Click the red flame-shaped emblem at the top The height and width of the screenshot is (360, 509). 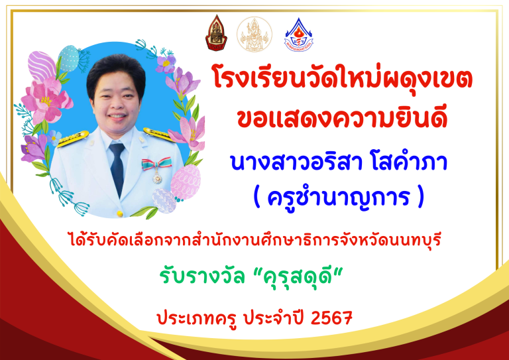click(216, 32)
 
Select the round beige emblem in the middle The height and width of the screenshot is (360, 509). click(254, 34)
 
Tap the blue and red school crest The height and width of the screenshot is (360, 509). click(298, 34)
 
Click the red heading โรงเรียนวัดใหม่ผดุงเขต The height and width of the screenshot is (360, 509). click(341, 79)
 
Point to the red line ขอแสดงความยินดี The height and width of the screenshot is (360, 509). click(343, 118)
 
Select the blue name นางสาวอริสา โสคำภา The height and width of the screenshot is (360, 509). click(339, 162)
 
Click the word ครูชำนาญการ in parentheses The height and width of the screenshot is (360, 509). click(338, 197)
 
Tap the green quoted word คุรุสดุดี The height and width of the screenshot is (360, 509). click(298, 277)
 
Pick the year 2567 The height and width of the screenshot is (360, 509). click(331, 318)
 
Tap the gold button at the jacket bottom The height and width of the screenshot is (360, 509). click(120, 213)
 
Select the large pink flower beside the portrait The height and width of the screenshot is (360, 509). click(46, 100)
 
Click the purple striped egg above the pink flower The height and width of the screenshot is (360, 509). click(42, 66)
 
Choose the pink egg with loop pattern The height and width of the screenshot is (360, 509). click(186, 182)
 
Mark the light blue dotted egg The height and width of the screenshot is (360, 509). click(68, 58)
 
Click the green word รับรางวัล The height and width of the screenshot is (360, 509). click(202, 277)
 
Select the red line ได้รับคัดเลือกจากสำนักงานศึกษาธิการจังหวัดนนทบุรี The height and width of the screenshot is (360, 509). click(255, 240)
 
